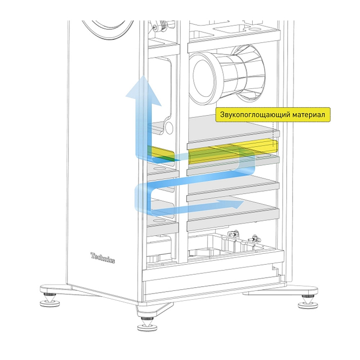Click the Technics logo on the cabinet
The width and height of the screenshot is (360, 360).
point(103,258)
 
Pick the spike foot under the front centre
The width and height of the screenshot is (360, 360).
point(146,326)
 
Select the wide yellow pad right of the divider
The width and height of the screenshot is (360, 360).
point(230,152)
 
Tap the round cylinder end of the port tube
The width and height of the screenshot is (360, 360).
point(201,77)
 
